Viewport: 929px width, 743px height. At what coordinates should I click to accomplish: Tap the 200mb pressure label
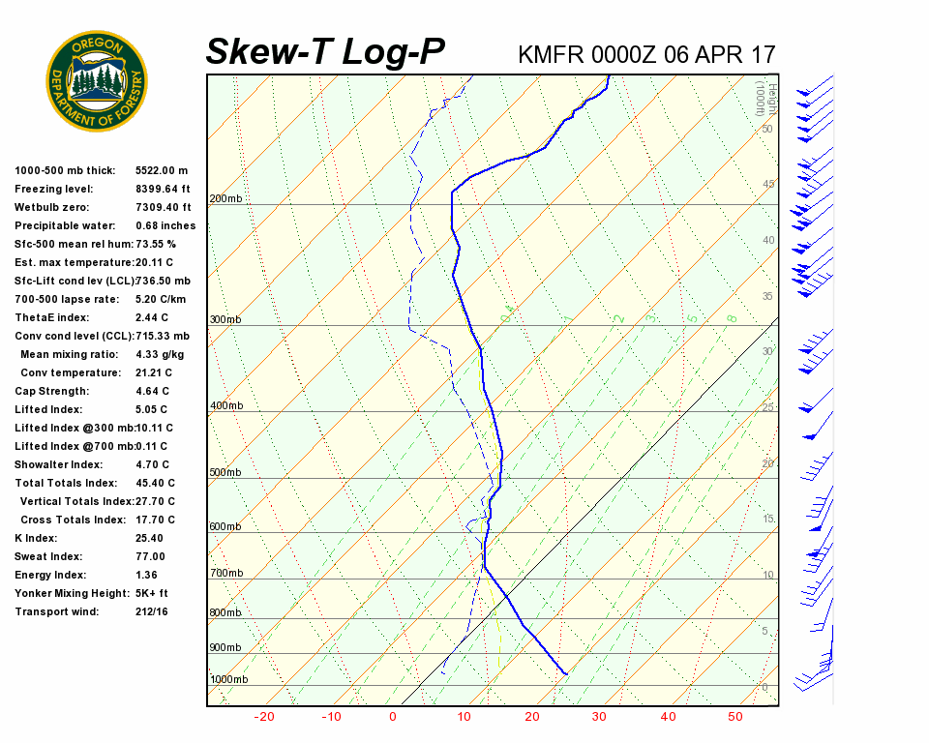226,199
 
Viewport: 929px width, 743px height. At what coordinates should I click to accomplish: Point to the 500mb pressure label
226,473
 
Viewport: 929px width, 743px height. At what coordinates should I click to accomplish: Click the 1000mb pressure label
229,679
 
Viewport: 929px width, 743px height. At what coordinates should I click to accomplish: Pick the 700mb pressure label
226,574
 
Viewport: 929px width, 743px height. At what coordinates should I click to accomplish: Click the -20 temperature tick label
263,717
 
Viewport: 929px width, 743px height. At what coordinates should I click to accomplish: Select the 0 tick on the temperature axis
393,717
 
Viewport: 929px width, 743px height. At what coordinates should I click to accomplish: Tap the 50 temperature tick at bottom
735,717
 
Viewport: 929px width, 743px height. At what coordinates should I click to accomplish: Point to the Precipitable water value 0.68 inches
165,225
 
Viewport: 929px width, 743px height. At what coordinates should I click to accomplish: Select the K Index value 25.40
150,538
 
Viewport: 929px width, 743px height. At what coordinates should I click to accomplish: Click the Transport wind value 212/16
152,611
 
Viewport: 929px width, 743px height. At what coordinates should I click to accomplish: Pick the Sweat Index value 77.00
150,556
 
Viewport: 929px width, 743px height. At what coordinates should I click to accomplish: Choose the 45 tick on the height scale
768,185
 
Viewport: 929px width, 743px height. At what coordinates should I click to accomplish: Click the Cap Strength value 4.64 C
153,391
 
